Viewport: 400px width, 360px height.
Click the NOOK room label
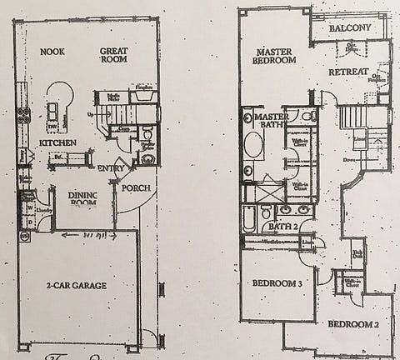tap(52, 52)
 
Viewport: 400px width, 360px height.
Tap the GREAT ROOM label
tap(113, 56)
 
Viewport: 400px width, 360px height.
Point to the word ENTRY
tap(111, 168)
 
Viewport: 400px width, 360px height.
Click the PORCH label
tap(136, 187)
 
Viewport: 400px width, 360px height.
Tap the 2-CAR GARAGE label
tap(77, 285)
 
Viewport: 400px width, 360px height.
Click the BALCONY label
tap(349, 28)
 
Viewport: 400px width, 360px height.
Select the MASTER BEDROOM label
tap(276, 56)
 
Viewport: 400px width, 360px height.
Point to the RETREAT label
tap(348, 72)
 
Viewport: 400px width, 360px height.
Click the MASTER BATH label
tap(272, 122)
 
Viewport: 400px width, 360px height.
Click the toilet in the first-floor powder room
tap(147, 132)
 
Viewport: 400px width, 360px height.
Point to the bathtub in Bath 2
tap(251, 219)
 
